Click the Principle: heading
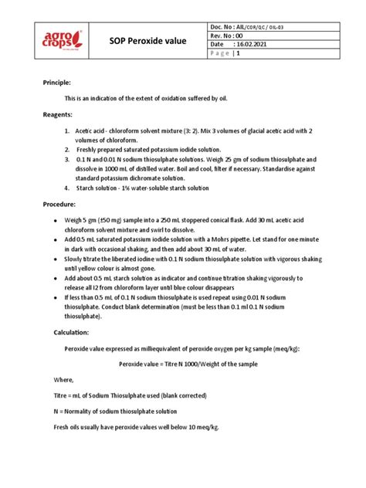pyautogui.click(x=56, y=81)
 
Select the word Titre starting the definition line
pyautogui.click(x=63, y=395)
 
